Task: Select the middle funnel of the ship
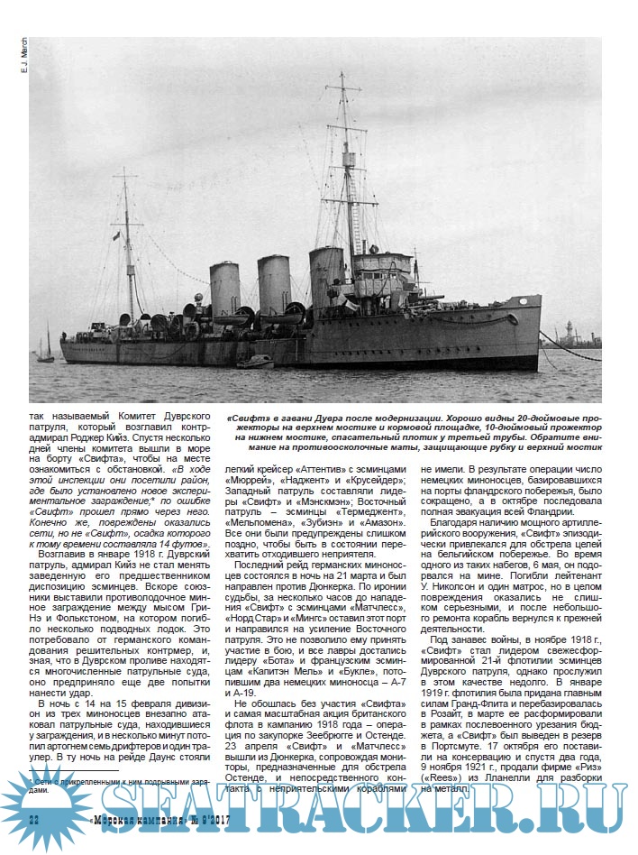click(x=273, y=283)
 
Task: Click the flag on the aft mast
click(x=115, y=236)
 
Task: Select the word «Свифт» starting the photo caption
click(x=245, y=419)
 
